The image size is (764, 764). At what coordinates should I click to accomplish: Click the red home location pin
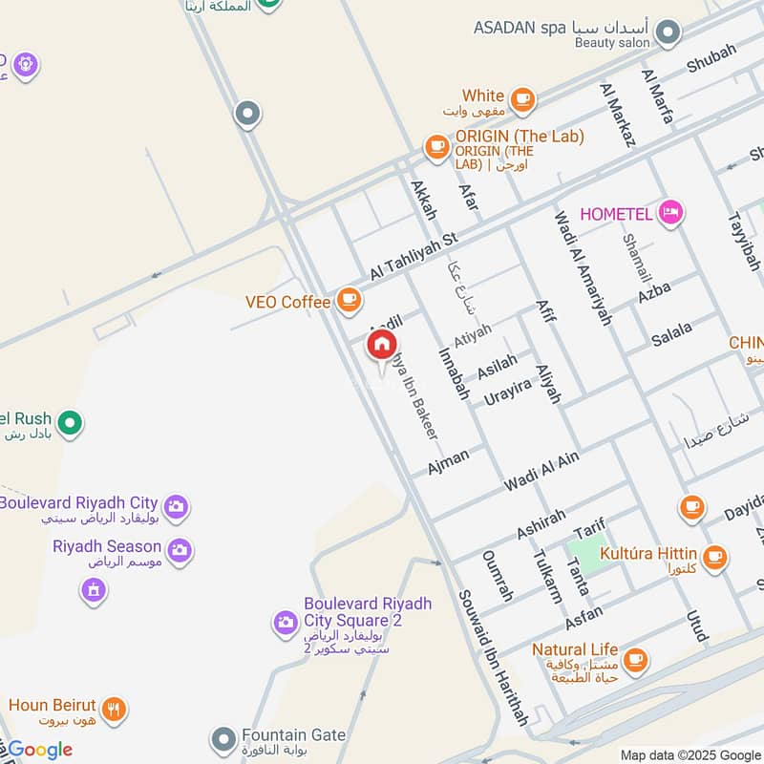382,346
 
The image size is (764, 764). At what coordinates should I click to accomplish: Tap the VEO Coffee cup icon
349,302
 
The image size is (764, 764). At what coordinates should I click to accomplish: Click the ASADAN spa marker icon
669,33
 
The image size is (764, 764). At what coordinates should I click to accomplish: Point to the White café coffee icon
521,98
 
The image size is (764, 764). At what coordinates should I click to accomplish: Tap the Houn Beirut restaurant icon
115,709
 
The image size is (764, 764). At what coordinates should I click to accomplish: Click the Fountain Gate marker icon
223,739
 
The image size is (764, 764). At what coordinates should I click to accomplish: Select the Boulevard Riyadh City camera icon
176,506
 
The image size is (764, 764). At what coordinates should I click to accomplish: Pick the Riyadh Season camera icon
179,550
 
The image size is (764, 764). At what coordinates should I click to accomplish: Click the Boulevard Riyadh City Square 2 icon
285,624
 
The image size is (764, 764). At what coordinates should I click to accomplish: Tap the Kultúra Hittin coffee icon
713,555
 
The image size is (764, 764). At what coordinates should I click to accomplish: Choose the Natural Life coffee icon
634,659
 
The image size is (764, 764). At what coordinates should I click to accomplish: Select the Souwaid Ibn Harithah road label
493,658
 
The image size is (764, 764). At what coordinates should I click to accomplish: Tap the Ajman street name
448,462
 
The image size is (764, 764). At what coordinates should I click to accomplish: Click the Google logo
39,750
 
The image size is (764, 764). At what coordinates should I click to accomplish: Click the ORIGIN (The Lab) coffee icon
437,146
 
